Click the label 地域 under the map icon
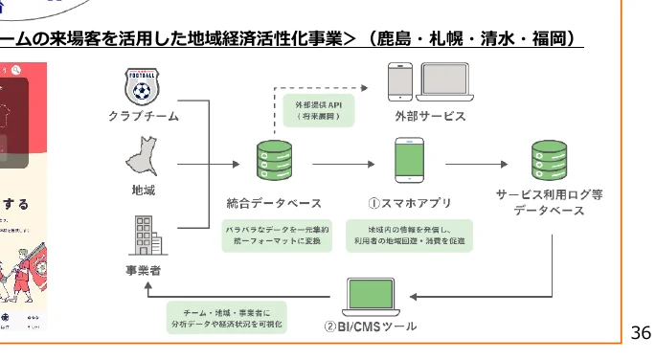tap(143, 191)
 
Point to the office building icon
tap(144, 233)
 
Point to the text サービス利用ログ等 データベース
tap(549, 201)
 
